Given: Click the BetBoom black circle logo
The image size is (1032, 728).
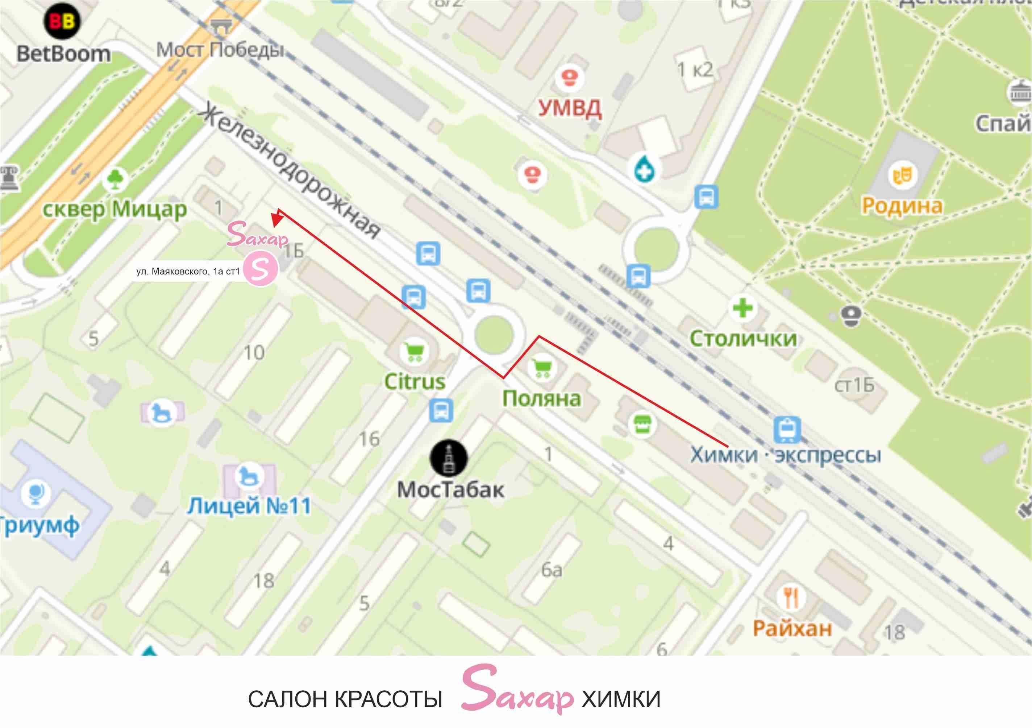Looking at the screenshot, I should click(62, 21).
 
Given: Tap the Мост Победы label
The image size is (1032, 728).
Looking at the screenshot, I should click(220, 49).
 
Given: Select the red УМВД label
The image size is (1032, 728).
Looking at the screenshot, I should click(570, 108).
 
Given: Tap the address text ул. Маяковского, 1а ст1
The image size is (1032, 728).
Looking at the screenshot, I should click(188, 272).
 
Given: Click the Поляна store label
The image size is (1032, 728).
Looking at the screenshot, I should click(542, 399).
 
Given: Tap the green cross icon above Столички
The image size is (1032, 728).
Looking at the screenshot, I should click(742, 308).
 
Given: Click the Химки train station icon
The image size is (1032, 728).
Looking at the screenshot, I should click(787, 429).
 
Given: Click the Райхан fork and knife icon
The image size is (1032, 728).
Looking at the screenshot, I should click(791, 597).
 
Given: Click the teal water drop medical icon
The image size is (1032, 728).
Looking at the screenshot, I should click(644, 169).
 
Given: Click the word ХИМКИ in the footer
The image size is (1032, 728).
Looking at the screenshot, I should click(621, 699).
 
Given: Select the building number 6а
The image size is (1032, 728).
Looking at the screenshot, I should click(552, 570).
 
